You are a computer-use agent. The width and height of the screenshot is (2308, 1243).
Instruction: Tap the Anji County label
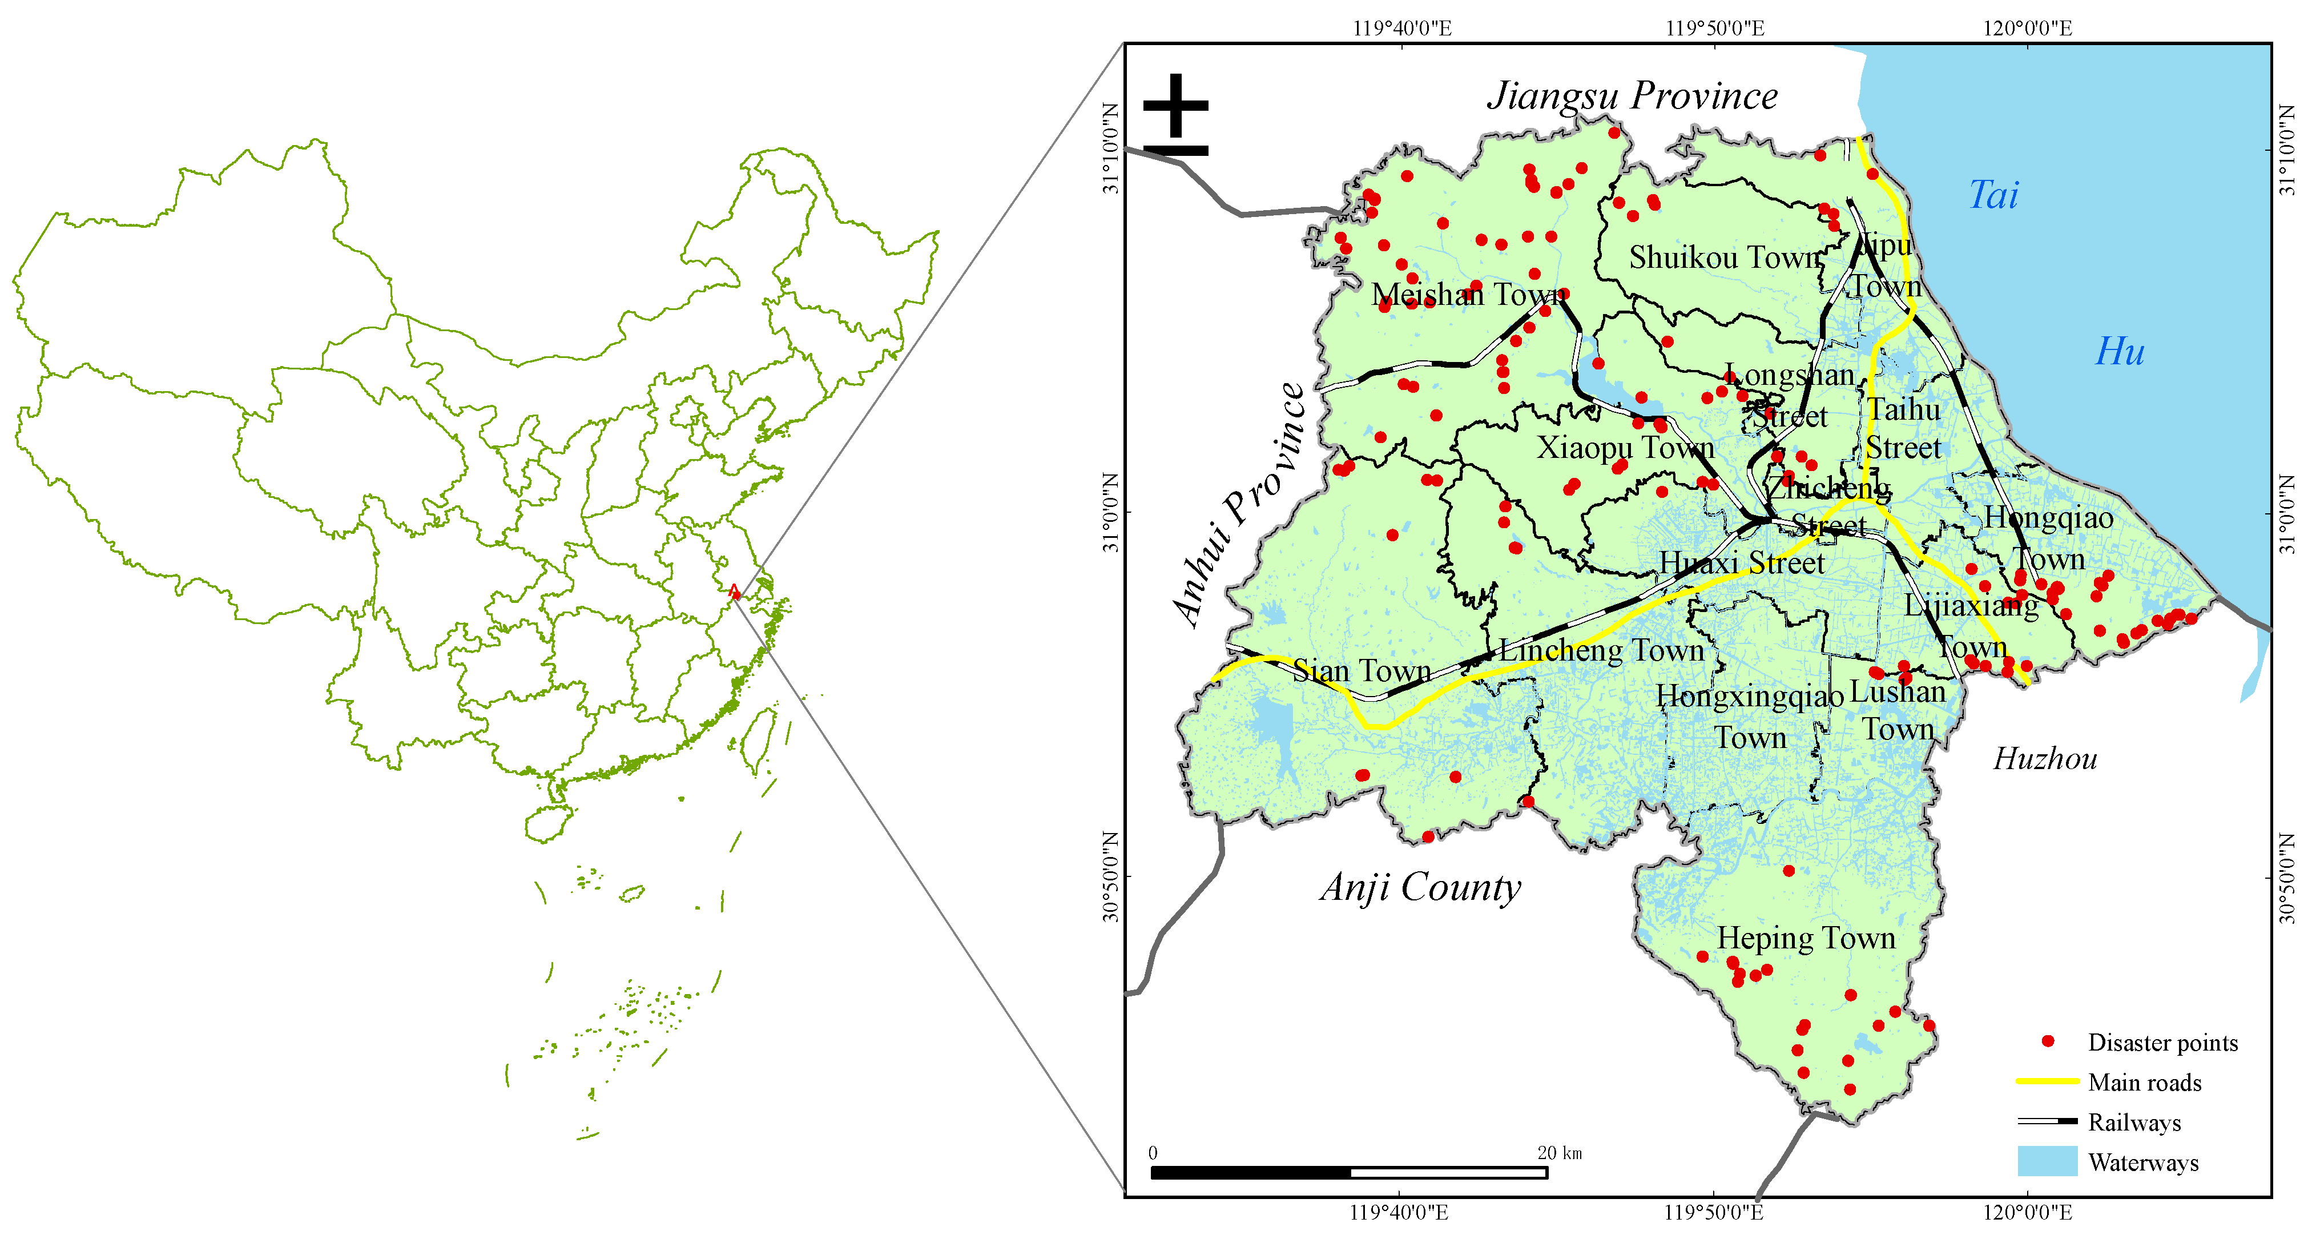[1420, 887]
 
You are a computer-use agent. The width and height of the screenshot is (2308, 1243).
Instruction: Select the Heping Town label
[1806, 938]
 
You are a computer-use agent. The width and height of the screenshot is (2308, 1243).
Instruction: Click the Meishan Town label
[1468, 295]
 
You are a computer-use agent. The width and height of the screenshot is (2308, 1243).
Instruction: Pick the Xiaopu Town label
[1625, 447]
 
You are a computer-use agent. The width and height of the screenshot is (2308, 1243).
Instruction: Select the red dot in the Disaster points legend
[2047, 1041]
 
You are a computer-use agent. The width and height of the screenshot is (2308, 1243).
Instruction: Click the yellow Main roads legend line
[2047, 1081]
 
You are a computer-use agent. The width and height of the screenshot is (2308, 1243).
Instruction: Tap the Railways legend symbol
[2047, 1121]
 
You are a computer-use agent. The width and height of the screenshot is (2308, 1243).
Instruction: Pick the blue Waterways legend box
[2047, 1161]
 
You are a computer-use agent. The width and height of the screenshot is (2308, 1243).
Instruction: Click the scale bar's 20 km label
[1559, 1153]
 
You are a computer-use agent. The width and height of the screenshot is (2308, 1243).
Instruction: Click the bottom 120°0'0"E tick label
[2027, 1213]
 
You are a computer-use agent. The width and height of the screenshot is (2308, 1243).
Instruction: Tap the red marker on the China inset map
[734, 592]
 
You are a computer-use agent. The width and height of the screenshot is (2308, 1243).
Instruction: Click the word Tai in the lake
[1993, 195]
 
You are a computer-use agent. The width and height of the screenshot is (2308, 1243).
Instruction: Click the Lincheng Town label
[1601, 651]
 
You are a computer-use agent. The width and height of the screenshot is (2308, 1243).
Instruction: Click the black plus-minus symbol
[1175, 115]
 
